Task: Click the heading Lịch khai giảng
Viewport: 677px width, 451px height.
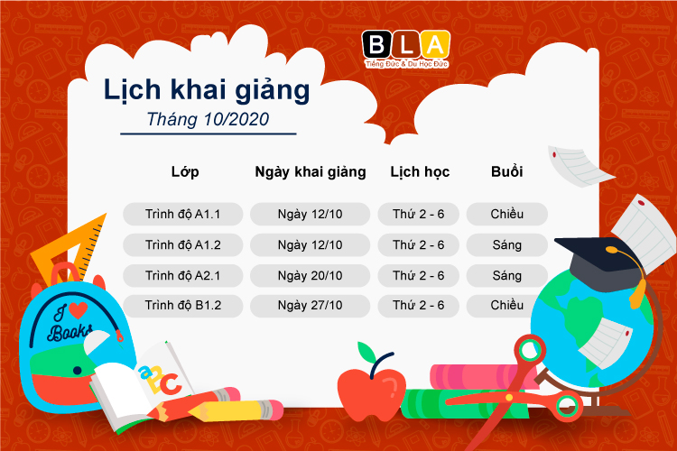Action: (207, 90)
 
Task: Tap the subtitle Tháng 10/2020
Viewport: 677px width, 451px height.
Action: (208, 118)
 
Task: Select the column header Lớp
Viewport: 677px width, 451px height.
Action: (184, 171)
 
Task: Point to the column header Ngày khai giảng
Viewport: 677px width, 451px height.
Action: (310, 171)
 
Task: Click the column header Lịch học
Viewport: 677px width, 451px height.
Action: (419, 171)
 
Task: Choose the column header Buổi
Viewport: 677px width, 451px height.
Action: (507, 171)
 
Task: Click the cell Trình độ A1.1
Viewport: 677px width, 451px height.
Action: (183, 215)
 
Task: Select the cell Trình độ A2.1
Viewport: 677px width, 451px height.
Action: (183, 275)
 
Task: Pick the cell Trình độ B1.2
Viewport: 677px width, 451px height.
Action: (183, 306)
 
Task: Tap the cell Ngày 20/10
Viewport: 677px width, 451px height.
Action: (310, 275)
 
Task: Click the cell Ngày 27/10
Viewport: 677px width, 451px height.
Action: (310, 306)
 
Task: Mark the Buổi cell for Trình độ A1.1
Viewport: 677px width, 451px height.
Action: (507, 215)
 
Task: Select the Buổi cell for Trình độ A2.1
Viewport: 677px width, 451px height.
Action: (507, 275)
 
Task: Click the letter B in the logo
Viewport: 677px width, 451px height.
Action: (375, 44)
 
